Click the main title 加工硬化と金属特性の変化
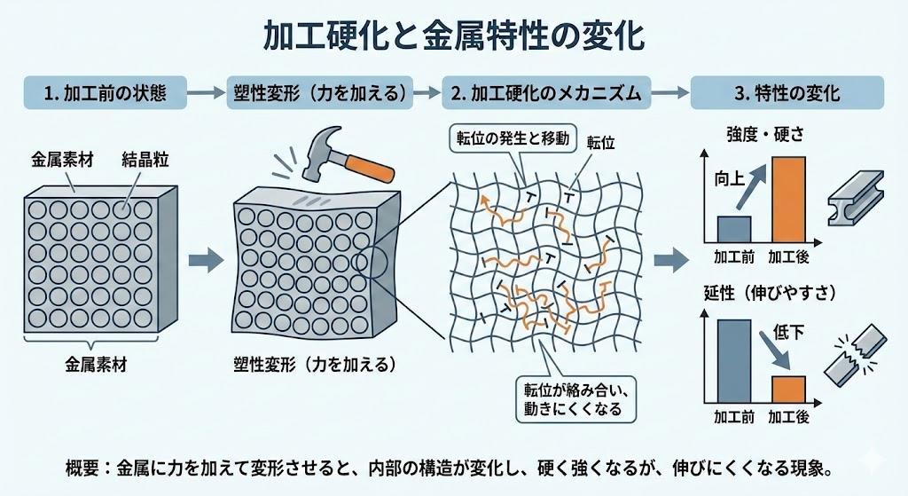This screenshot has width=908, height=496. [454, 36]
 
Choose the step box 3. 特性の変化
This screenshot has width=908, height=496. [786, 92]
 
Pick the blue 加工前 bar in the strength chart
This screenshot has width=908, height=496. [733, 228]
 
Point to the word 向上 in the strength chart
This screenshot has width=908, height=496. [727, 178]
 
